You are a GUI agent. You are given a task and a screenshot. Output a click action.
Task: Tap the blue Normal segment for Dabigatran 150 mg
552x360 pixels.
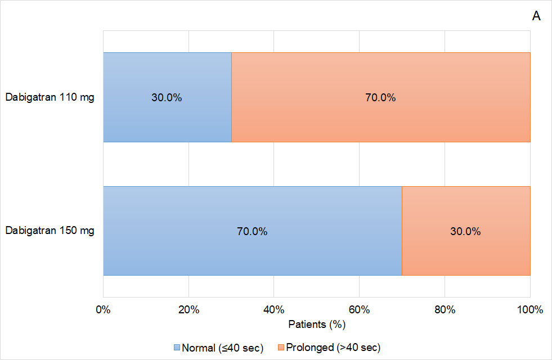tap(252, 253)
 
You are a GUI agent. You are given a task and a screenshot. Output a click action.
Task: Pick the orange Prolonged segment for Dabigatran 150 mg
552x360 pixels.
tap(466, 253)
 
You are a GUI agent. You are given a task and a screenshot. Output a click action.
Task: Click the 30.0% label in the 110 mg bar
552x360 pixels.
tap(167, 97)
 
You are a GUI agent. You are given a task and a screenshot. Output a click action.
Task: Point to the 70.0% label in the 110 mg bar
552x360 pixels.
tap(380, 97)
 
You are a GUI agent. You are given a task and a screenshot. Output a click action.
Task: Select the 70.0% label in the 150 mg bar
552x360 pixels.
tap(252, 231)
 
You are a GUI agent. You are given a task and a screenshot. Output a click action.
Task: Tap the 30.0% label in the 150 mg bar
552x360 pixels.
tap(465, 231)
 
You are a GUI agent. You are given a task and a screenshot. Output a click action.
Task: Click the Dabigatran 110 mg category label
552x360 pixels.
tap(50, 97)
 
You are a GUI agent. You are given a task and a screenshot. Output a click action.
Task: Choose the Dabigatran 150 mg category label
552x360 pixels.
tap(50, 231)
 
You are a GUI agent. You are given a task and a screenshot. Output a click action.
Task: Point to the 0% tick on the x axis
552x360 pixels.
tap(103, 309)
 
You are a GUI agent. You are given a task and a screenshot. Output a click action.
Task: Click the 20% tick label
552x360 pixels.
tap(189, 309)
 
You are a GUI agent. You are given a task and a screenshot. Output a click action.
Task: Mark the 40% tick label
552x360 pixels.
tap(273, 309)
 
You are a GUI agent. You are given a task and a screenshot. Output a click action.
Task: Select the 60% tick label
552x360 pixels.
tap(359, 309)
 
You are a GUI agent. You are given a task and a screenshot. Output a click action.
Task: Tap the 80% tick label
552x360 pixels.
tap(445, 309)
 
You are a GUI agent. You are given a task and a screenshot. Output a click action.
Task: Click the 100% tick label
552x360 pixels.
tap(529, 309)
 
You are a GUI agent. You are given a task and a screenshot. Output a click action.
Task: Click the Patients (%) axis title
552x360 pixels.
tap(316, 325)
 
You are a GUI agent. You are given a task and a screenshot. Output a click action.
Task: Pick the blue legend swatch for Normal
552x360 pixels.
tap(177, 348)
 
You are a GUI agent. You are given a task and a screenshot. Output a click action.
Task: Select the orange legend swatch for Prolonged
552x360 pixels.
tap(281, 348)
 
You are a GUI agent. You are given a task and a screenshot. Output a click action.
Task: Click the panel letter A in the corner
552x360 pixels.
tap(536, 16)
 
